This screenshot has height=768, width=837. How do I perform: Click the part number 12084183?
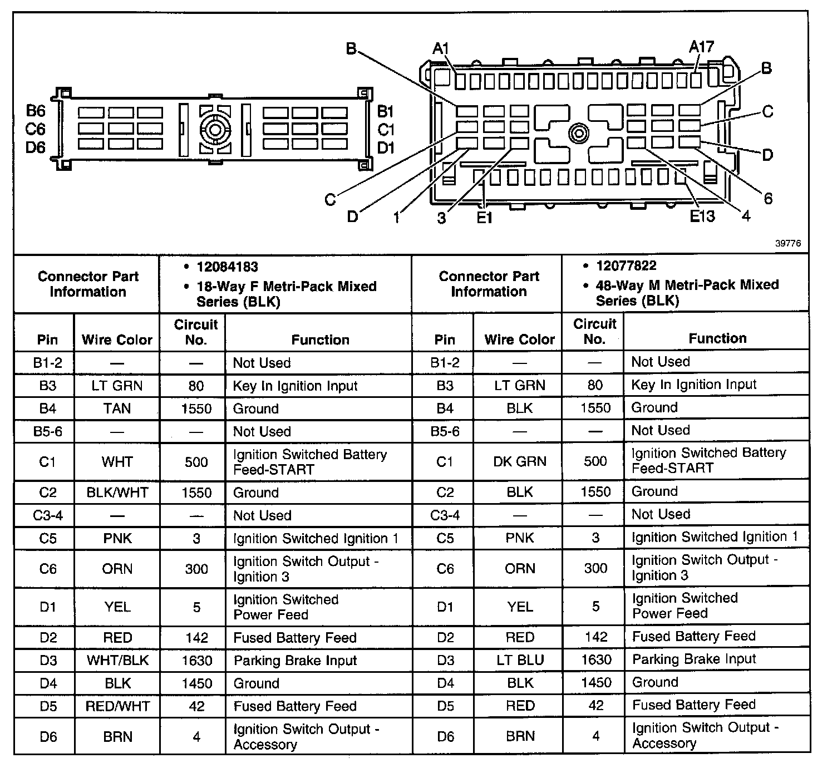227,267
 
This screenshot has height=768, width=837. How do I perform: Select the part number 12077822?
626,265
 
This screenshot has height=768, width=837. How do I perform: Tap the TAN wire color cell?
117,408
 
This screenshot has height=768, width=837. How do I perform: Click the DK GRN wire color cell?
520,461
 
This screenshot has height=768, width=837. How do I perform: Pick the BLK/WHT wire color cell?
117,493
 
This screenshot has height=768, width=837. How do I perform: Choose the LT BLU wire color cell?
520,660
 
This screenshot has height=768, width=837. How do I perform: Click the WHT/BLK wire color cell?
117,661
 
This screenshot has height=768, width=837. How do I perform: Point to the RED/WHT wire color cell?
117,706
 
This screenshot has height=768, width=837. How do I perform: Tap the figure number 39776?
787,243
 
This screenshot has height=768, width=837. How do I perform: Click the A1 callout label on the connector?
441,49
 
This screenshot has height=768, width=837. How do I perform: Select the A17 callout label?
701,47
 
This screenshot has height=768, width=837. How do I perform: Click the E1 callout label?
484,218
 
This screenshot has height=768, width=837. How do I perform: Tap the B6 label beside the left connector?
36,111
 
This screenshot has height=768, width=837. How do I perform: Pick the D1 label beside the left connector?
386,147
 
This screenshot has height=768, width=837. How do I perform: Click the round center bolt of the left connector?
215,130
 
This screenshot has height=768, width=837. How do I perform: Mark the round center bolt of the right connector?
579,134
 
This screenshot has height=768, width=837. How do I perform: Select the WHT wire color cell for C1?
117,462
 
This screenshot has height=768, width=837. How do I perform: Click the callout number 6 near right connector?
768,199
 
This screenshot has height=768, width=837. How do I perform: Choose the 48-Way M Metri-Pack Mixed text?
687,285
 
